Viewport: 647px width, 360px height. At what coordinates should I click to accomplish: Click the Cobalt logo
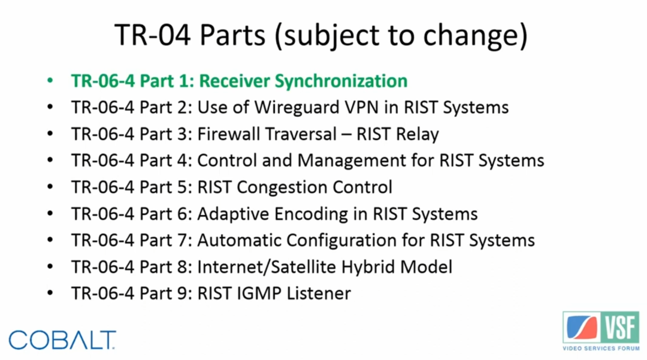[62, 340]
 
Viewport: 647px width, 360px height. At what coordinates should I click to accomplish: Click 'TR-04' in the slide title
[153, 35]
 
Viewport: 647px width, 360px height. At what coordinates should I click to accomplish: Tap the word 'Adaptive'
[234, 214]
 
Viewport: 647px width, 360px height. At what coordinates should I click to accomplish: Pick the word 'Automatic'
[239, 240]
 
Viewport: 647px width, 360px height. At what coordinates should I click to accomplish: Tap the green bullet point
[50, 80]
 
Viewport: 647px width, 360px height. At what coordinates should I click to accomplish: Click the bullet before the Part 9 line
[50, 293]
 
